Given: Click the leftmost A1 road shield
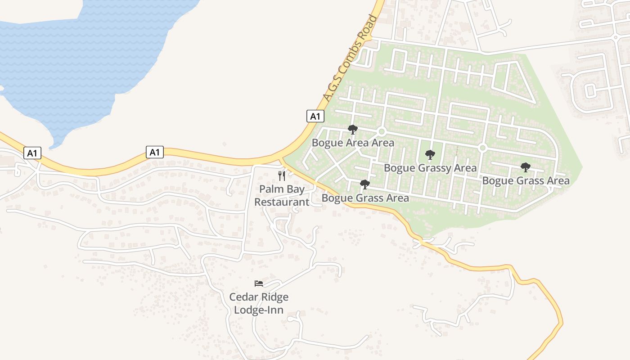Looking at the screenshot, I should point(32,153).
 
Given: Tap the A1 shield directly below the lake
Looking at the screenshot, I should point(154,152).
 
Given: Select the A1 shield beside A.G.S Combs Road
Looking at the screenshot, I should point(315,116).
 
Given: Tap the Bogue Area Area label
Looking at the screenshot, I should point(353,143).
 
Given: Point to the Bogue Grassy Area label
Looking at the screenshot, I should point(430,168).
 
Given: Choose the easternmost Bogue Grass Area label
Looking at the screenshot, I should point(526,181).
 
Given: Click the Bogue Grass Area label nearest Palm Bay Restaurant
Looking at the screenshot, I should point(365,198).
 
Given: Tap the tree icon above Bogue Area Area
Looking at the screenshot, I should point(353,130).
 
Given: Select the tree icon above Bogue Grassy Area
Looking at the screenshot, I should point(430,155).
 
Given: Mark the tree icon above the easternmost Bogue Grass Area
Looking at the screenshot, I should point(525,168).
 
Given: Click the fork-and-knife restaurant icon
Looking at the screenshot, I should point(282,175).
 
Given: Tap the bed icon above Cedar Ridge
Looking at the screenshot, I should point(259,283).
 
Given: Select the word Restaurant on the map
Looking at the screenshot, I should point(282,202).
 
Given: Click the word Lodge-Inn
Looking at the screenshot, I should point(259,310).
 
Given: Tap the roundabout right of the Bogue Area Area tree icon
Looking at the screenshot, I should point(382,131).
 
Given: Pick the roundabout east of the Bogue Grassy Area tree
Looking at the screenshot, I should point(482,148).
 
